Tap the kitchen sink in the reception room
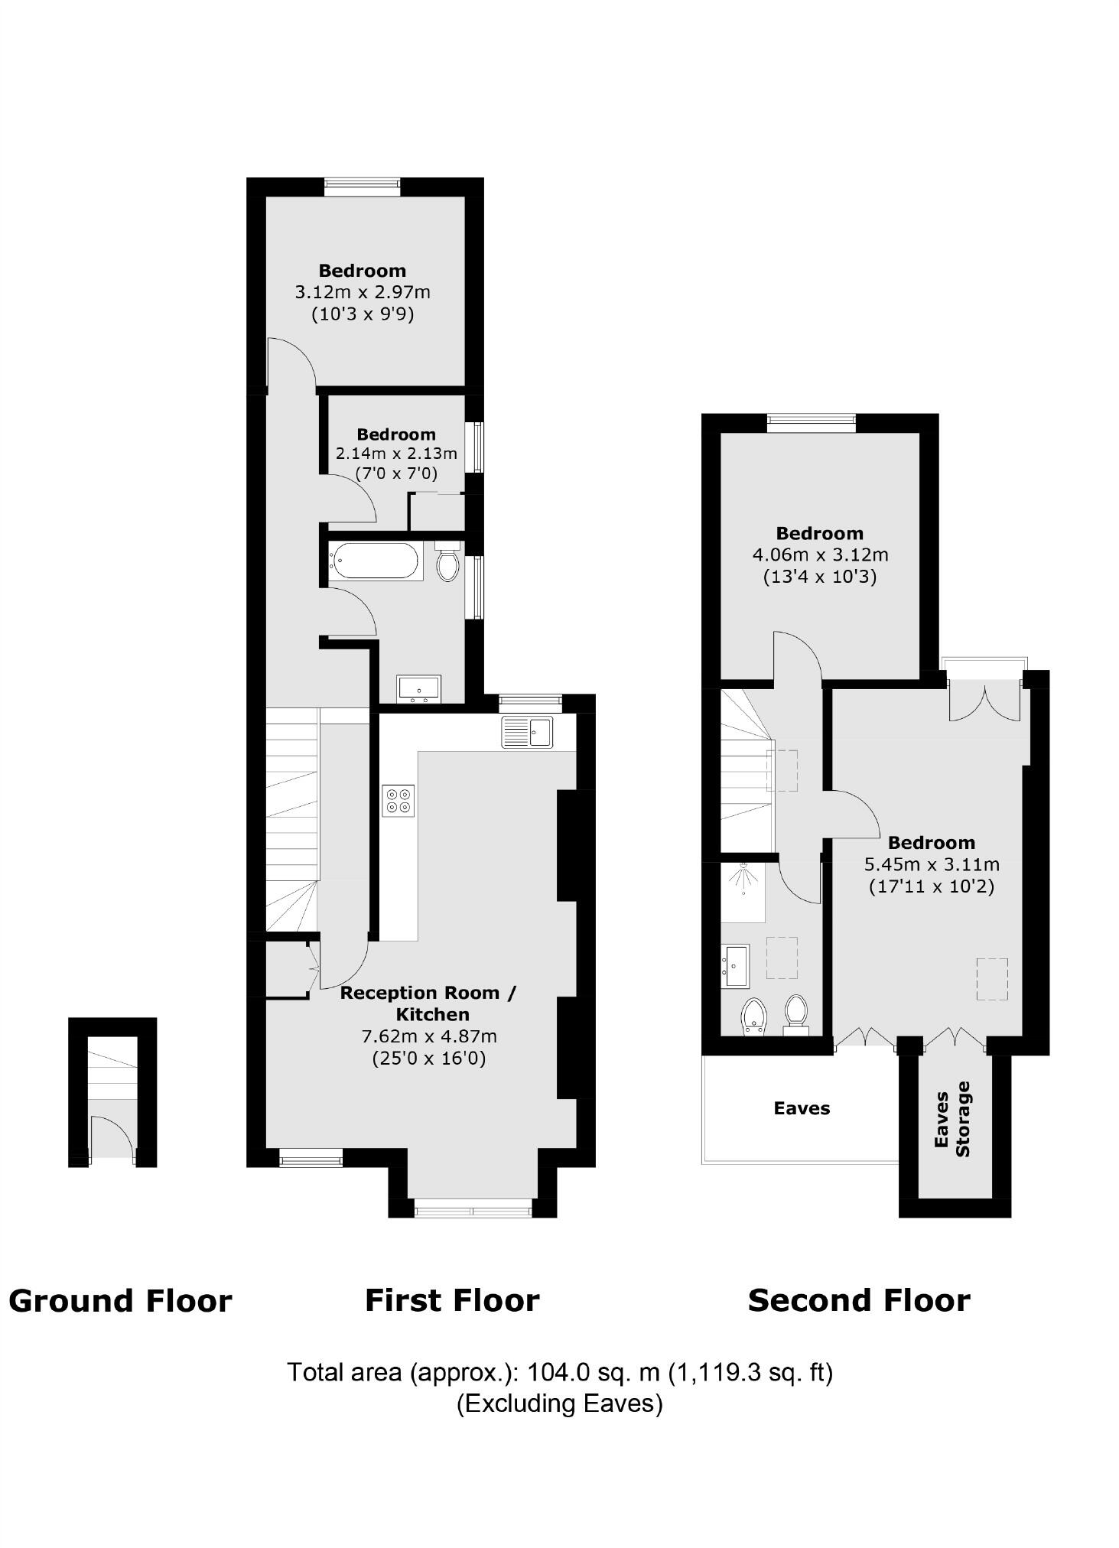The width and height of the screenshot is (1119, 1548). pyautogui.click(x=528, y=732)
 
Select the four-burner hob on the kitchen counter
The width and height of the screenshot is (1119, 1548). pyautogui.click(x=398, y=800)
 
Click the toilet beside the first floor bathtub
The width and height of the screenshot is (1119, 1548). pyautogui.click(x=448, y=563)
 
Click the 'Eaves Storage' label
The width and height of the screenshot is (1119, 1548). pyautogui.click(x=953, y=1120)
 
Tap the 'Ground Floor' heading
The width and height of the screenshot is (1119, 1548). pyautogui.click(x=120, y=1301)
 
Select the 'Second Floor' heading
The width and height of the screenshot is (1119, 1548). pyautogui.click(x=859, y=1300)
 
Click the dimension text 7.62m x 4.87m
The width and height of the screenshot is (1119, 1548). pyautogui.click(x=429, y=1037)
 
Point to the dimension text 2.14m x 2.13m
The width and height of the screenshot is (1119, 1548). pyautogui.click(x=396, y=454)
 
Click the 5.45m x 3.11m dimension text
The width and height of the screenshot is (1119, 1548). pyautogui.click(x=932, y=865)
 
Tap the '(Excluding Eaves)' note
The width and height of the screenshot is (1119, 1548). pyautogui.click(x=559, y=1403)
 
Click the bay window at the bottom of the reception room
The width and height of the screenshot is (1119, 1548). pyautogui.click(x=473, y=1210)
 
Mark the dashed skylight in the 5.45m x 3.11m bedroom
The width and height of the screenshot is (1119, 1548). pyautogui.click(x=992, y=979)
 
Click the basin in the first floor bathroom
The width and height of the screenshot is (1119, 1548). pyautogui.click(x=418, y=688)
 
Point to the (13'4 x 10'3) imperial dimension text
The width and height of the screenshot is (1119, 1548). pyautogui.click(x=820, y=577)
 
